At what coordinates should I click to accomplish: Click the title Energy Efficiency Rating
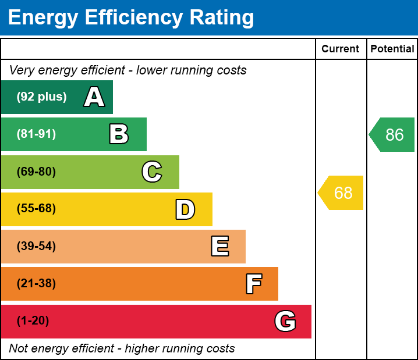131,18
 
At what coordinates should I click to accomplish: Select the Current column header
341,49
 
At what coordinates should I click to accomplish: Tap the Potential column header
392,49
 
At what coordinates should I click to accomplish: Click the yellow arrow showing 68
342,193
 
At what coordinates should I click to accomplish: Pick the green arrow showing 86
393,135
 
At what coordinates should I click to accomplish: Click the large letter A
94,97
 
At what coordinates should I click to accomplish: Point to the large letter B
119,134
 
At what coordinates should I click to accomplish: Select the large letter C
152,172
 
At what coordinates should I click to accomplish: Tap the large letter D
185,209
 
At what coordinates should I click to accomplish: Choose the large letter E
219,247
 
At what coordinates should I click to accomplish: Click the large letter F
253,284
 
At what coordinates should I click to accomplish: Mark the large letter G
285,321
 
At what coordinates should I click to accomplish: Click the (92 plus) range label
41,97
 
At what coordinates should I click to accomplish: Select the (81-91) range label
36,134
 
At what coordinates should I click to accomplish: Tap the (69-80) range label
36,172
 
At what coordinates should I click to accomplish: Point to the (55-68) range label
36,209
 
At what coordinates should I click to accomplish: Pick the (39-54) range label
36,247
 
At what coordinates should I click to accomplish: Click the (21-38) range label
36,284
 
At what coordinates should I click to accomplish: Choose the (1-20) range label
33,321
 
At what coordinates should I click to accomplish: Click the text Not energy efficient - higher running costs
122,349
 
